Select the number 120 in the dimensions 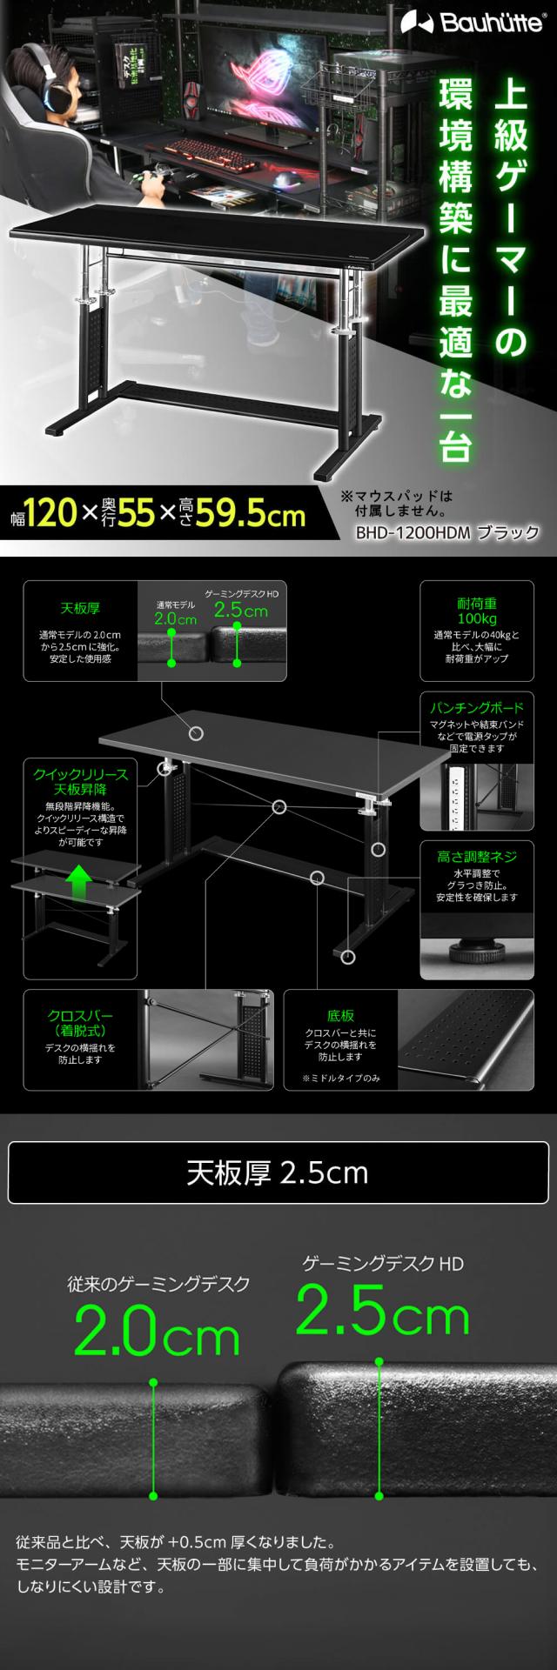51,515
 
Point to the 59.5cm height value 250,515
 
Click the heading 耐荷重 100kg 476,610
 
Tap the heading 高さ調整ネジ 476,857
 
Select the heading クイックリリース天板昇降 80,781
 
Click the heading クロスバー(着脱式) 79,1023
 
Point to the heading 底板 340,1015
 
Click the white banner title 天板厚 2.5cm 278,1173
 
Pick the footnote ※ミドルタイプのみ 340,1079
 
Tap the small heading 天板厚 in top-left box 79,608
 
